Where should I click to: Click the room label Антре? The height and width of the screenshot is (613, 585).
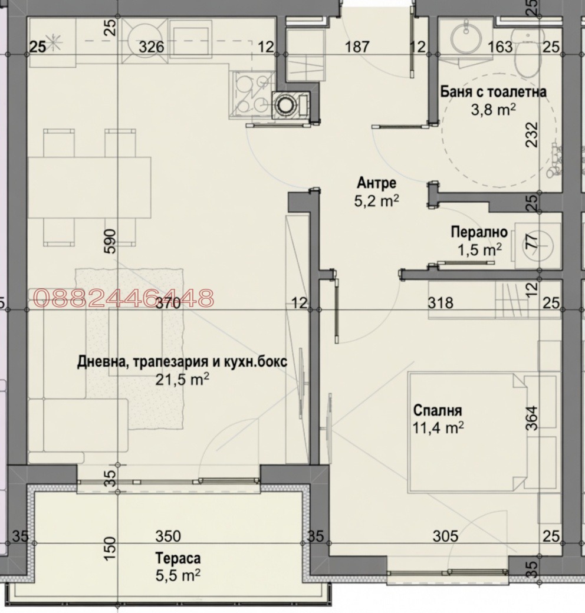coord(376,183)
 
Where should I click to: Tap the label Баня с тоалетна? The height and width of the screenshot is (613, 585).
coord(493,93)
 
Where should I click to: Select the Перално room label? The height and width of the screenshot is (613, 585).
coord(479,232)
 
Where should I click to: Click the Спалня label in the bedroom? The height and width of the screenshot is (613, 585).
coord(438,410)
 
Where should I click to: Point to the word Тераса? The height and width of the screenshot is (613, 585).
coord(178,558)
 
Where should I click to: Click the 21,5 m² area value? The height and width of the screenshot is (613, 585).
coord(182,379)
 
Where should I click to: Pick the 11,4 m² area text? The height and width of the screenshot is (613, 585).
coord(438,428)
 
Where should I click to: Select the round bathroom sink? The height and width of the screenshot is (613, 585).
coord(466,39)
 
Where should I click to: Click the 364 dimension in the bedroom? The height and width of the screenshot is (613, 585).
coord(533,418)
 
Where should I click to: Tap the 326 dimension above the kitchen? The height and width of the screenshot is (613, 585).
coord(152,47)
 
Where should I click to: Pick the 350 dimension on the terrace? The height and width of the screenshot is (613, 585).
coord(168,536)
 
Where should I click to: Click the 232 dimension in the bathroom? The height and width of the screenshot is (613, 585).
coord(532,134)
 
